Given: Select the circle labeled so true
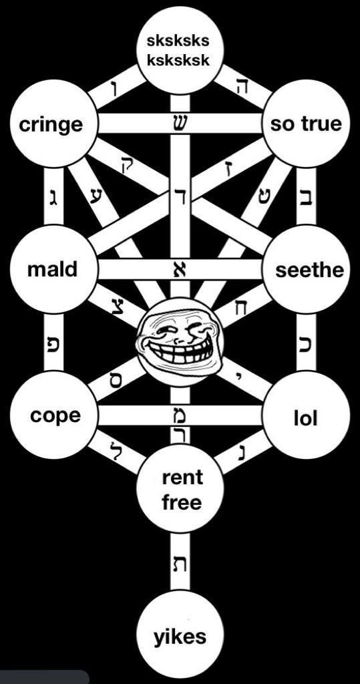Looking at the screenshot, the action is (307, 124).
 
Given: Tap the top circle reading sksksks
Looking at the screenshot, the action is (180, 49).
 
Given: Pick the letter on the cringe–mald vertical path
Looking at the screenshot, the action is (53, 198).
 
